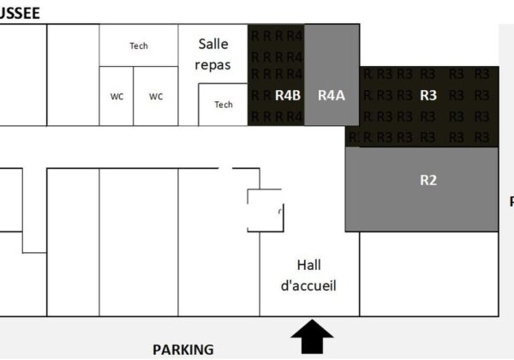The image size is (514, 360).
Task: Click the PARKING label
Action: click(x=182, y=349)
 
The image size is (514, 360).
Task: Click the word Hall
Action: click(x=308, y=265)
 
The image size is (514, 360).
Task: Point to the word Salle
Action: click(x=213, y=44)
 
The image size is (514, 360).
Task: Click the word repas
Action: click(x=213, y=64)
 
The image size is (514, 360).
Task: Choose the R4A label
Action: click(x=331, y=95)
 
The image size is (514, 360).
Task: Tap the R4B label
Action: click(x=287, y=95)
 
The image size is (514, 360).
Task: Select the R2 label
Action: click(x=428, y=180)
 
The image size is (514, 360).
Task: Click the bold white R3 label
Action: click(x=428, y=95)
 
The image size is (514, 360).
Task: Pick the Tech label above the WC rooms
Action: click(x=139, y=45)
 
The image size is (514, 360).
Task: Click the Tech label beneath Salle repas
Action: click(x=224, y=105)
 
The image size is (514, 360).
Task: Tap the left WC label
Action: click(x=117, y=96)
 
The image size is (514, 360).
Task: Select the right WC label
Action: click(x=156, y=96)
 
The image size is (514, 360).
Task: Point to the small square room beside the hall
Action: click(x=265, y=210)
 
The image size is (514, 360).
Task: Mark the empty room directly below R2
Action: click(x=428, y=274)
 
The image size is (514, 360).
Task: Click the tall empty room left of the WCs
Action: click(x=73, y=75)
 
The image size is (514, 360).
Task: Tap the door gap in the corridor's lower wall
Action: click(x=225, y=168)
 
